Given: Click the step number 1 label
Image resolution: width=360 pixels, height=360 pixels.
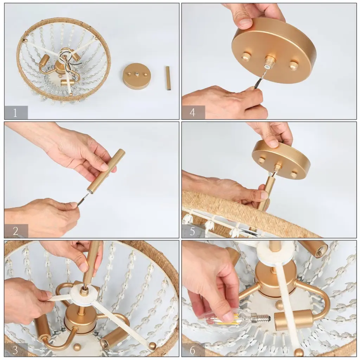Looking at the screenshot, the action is click(x=15, y=113).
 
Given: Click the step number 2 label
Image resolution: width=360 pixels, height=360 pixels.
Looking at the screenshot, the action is click(x=15, y=231).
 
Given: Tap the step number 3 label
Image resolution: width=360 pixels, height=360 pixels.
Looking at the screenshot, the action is click(x=15, y=350).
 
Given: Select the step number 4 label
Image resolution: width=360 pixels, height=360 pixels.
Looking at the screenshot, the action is click(x=192, y=112).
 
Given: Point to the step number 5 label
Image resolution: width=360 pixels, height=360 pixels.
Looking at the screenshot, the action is click(x=192, y=231).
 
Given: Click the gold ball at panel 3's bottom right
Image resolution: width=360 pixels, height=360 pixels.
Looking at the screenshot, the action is click(x=153, y=346).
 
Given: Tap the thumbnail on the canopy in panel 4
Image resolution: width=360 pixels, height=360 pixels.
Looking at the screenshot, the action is click(x=245, y=22).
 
